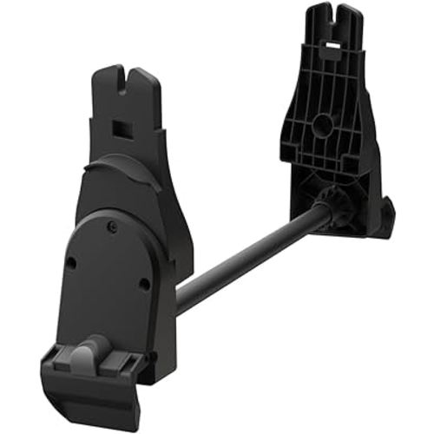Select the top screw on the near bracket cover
click(112, 227)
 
